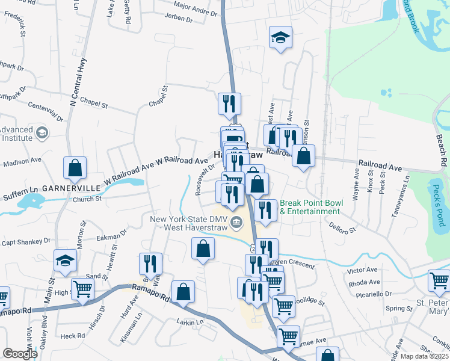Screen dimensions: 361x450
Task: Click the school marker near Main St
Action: (64, 261)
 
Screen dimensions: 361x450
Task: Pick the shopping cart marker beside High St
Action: (82, 289)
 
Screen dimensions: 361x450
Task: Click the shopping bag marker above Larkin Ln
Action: (183, 292)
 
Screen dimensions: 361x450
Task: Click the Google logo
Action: (20, 353)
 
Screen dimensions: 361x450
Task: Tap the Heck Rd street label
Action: (72, 336)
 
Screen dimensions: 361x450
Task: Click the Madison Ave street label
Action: (22, 162)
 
